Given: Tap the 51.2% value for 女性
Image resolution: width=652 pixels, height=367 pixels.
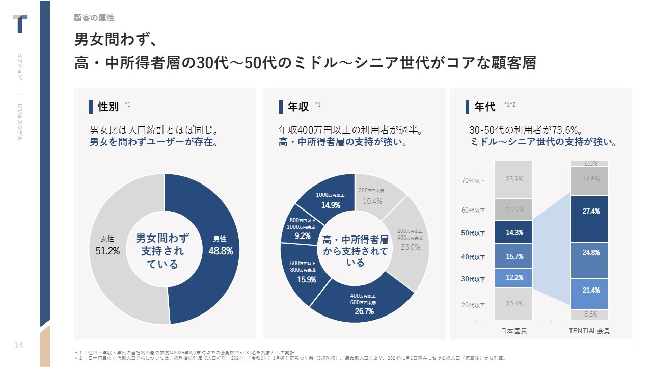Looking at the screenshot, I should [x=107, y=251].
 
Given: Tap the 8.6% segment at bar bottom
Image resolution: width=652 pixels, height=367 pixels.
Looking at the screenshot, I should [x=589, y=314].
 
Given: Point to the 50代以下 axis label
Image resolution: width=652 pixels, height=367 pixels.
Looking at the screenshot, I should [x=473, y=233].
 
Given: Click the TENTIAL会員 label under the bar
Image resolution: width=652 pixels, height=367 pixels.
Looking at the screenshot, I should [x=589, y=331].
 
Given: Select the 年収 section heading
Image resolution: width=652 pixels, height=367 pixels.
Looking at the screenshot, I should [x=298, y=107].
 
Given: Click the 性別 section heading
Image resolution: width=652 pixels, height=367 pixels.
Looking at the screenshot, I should [x=108, y=107].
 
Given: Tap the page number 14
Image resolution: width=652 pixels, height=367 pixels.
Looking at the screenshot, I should [x=19, y=345].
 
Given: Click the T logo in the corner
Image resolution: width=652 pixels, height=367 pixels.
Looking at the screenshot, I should [x=20, y=23].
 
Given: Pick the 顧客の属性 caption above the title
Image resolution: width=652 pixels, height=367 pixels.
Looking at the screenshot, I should [x=94, y=18].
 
